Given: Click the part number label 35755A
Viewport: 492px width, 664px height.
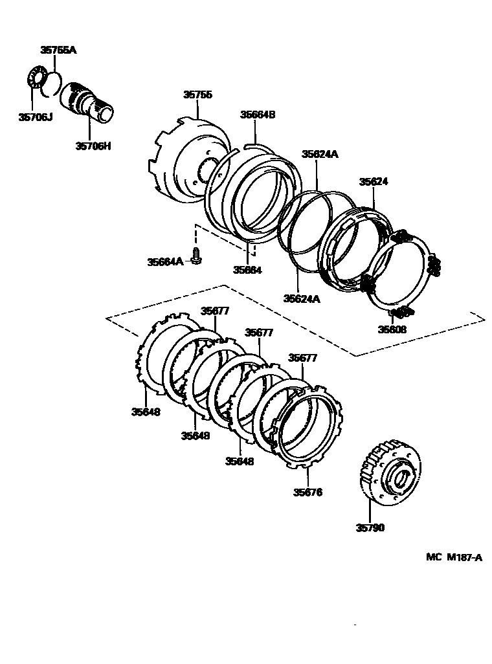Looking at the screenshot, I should pos(58,50).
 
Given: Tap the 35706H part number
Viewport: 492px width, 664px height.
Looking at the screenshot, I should pos(93,146).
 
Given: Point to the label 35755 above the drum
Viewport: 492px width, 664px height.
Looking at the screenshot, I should pos(197,94).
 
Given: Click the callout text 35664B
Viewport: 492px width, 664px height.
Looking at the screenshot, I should pos(258,115).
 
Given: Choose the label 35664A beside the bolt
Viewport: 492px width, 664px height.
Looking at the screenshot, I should pos(165,261).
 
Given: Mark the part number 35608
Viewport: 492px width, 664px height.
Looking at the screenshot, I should pos(392,329).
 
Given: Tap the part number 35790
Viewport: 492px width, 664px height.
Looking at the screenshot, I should pos(370,527).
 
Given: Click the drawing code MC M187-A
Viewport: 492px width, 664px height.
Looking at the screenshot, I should pos(454,557).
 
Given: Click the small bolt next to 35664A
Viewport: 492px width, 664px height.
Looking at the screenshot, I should pos(196,256).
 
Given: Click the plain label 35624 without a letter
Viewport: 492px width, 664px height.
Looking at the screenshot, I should pos(374,183).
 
